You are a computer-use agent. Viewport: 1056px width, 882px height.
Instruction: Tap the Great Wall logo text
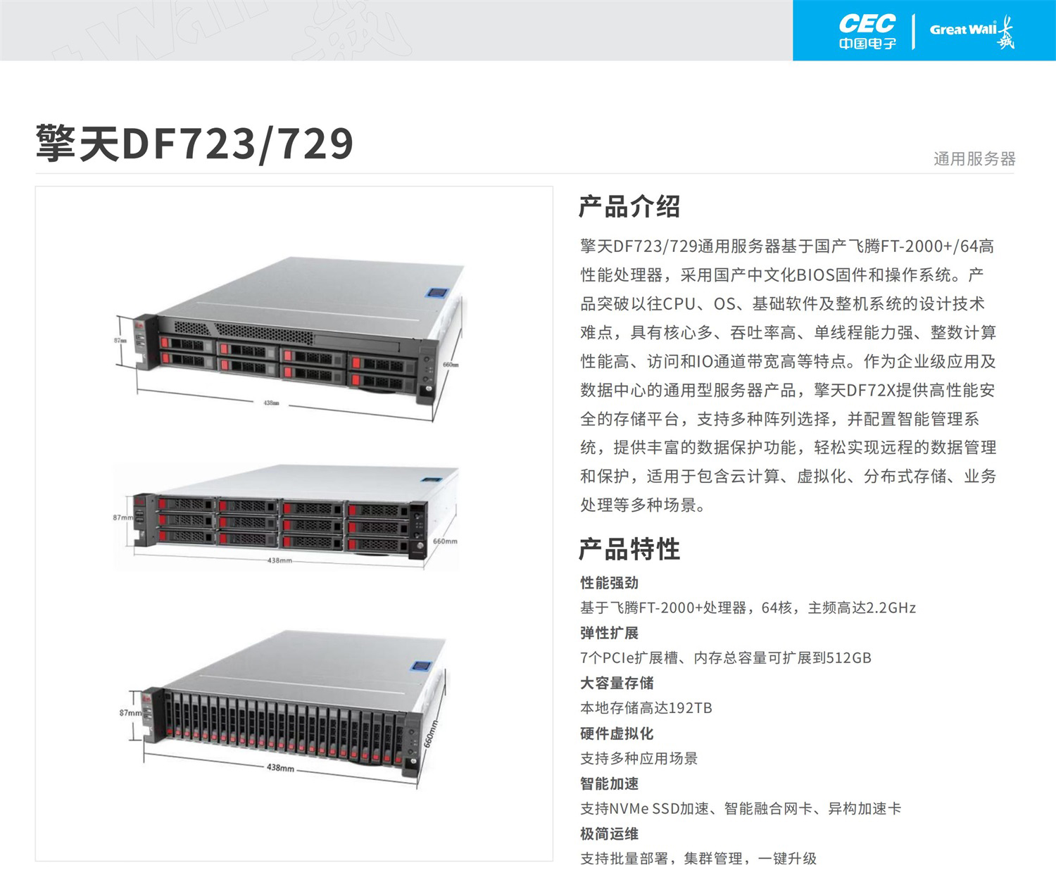[963, 30]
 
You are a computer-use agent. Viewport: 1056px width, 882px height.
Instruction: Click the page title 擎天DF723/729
[194, 144]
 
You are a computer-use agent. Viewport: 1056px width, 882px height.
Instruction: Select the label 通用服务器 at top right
[974, 159]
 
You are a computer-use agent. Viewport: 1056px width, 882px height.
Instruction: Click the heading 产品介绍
[629, 207]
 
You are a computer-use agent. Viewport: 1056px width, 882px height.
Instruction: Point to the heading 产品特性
[629, 549]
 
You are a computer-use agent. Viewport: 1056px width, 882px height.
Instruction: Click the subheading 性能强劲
[609, 583]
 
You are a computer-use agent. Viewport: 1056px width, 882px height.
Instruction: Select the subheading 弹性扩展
[609, 633]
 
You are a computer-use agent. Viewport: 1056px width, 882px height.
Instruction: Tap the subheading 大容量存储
[617, 683]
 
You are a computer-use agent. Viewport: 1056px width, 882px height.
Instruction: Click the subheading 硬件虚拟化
[617, 733]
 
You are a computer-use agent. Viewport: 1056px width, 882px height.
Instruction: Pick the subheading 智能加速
[609, 783]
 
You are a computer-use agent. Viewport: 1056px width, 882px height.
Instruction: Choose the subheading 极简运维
[609, 834]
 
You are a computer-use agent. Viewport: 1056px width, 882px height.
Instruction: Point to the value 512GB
[848, 658]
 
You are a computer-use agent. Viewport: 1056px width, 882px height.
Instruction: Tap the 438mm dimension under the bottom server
[280, 768]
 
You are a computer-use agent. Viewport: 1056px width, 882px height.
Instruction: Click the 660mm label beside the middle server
[445, 541]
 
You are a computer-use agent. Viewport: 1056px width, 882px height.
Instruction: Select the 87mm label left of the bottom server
[130, 713]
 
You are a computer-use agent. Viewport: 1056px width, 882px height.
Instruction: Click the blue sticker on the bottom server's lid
[420, 666]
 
